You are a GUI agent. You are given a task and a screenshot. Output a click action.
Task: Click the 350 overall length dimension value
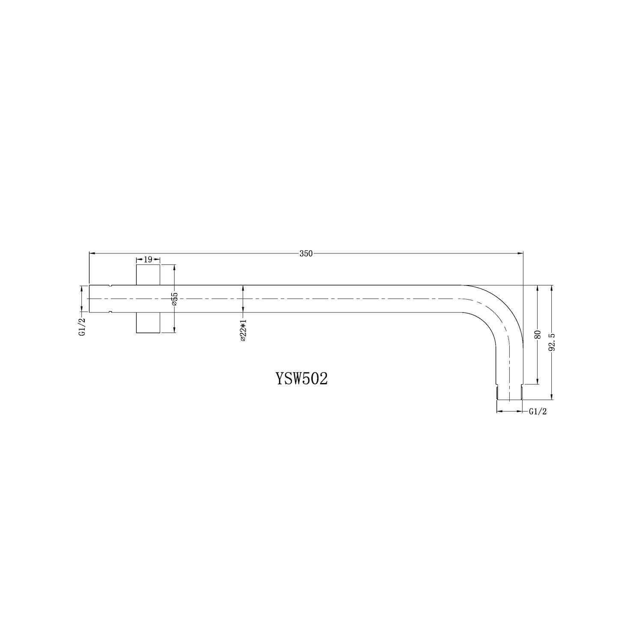coord(306,253)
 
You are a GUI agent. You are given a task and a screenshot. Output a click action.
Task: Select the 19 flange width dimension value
coord(148,259)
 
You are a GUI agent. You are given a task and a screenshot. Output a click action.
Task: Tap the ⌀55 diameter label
coord(175,299)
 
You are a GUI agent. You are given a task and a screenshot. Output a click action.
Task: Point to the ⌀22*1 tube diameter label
coord(243,330)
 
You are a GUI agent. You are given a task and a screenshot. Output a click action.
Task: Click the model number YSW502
coord(302,378)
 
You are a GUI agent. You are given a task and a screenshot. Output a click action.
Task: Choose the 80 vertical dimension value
coord(538,334)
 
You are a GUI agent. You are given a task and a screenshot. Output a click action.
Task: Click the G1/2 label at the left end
coord(82,326)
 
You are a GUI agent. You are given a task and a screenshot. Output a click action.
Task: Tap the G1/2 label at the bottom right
coord(538,412)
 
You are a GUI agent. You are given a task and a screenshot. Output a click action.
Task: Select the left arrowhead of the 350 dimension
coord(92,253)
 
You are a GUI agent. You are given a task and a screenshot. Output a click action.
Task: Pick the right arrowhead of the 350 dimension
coord(520,253)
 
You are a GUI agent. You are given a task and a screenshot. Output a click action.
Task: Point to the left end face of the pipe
coord(89,299)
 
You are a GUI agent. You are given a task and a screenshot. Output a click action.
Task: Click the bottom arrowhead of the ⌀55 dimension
coord(175,330)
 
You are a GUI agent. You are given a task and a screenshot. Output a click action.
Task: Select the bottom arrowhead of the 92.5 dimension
coord(553,398)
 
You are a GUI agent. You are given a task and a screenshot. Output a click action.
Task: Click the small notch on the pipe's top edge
coord(110,285)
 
